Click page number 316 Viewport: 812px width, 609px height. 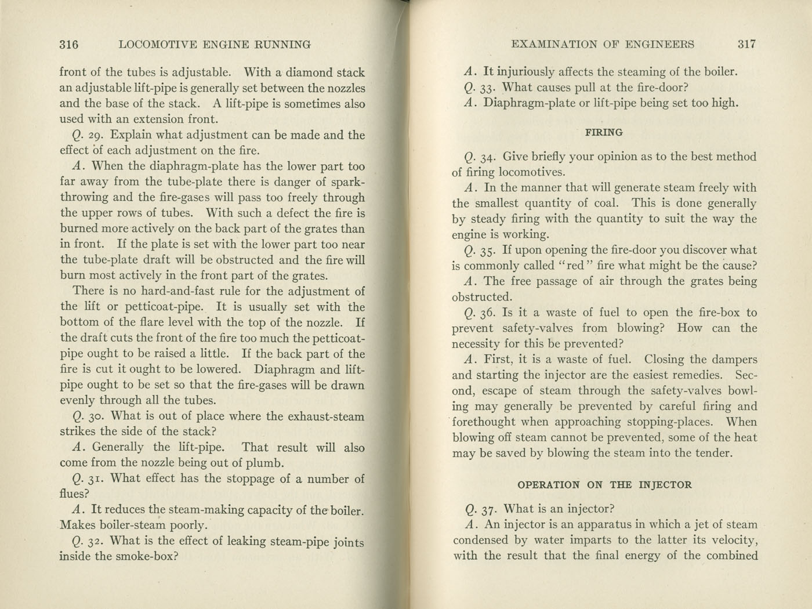(x=69, y=44)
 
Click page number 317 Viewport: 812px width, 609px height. (x=746, y=44)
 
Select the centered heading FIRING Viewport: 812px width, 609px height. (x=604, y=132)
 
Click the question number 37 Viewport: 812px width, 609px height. (x=490, y=510)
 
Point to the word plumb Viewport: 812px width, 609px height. (x=264, y=463)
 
